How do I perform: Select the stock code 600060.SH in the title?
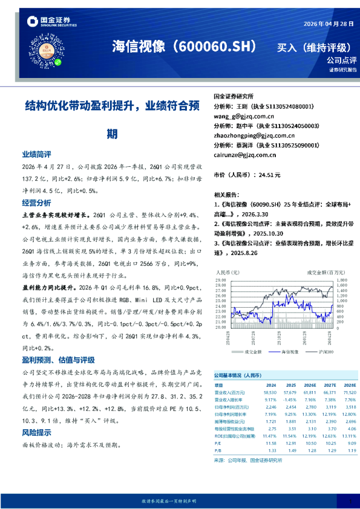pyautogui.click(x=215, y=47)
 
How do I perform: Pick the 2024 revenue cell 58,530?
pyautogui.click(x=270, y=392)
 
